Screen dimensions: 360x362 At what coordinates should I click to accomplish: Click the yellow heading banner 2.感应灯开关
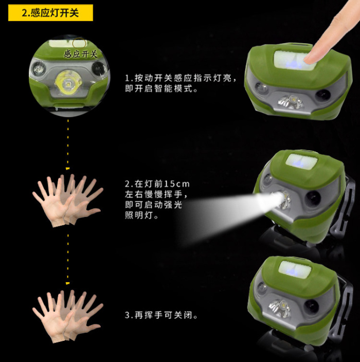click(50, 13)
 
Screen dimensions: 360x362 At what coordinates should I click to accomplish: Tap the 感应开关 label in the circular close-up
click(81, 54)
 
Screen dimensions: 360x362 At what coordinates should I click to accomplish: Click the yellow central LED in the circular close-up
click(68, 83)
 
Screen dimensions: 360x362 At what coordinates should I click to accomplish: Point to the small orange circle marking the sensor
click(79, 43)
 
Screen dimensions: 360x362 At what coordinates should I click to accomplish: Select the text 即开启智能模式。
click(161, 88)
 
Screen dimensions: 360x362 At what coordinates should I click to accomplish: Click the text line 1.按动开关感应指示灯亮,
click(181, 78)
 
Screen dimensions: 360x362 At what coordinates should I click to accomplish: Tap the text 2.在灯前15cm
click(157, 184)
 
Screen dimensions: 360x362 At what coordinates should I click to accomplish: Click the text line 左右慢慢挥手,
click(156, 194)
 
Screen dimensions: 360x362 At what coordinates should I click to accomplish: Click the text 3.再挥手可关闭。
click(161, 315)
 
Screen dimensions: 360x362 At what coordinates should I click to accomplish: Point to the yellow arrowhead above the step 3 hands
click(68, 283)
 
